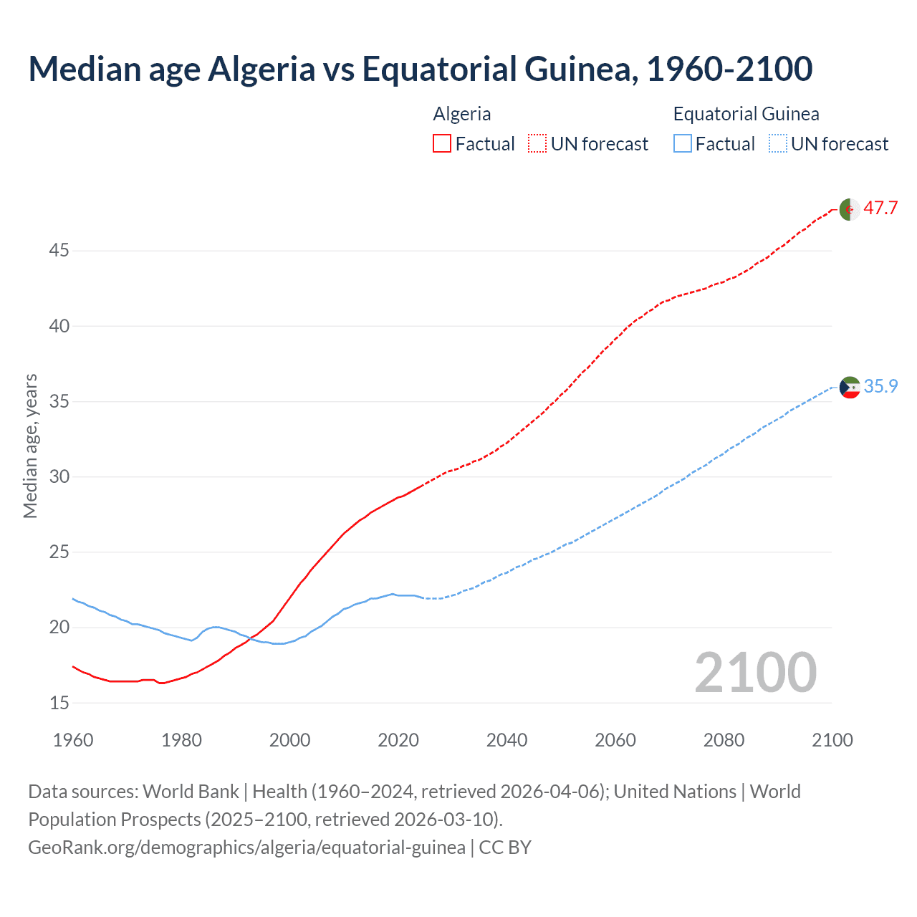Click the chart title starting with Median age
[420, 69]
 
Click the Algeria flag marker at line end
[850, 209]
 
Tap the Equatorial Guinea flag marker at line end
[850, 388]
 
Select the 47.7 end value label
[880, 208]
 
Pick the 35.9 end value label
[880, 387]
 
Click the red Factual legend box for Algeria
[442, 144]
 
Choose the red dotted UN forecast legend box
[537, 144]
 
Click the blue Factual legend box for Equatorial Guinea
[683, 144]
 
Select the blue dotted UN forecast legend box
[777, 144]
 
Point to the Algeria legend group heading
[462, 114]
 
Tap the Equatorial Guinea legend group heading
[746, 114]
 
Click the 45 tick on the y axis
[59, 251]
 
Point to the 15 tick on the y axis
[59, 703]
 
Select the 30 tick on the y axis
[59, 476]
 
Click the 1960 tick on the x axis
[73, 740]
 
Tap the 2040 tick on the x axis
[506, 740]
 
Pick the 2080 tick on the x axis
[724, 740]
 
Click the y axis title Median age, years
[30, 446]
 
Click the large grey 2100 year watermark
[755, 672]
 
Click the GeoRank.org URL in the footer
[246, 848]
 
